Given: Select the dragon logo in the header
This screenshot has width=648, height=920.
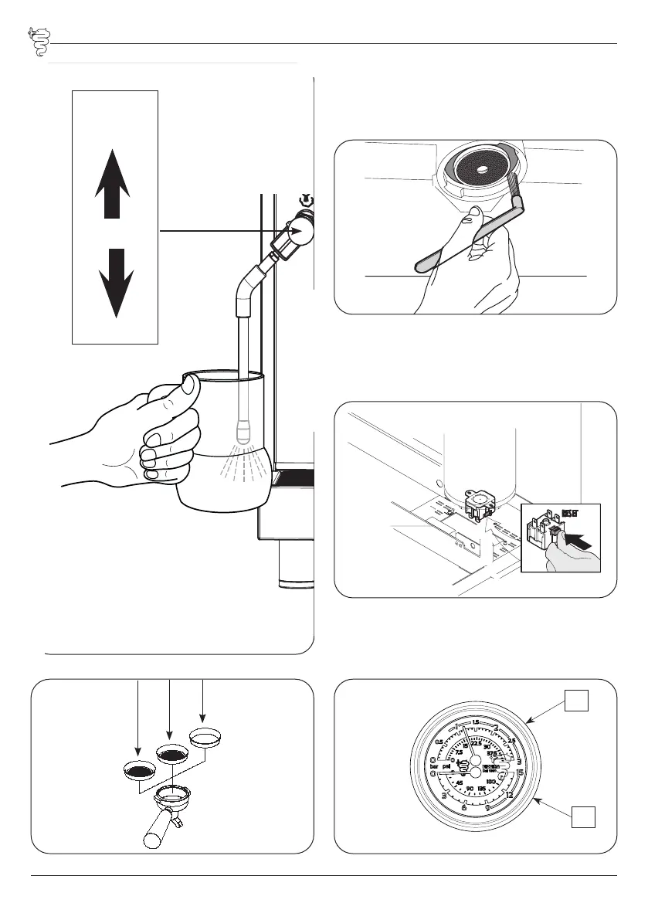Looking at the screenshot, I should tap(36, 43).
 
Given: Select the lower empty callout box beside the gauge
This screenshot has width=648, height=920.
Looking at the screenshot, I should tap(584, 816).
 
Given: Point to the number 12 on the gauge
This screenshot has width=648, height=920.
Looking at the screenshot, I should tap(511, 796).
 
